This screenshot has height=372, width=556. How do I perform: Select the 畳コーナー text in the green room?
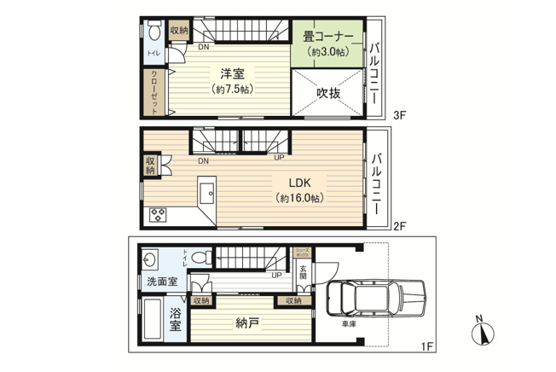(x=326, y=36)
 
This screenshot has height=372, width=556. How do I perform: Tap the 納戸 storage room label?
(x=248, y=323)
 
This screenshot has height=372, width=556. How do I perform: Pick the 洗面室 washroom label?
(x=159, y=282)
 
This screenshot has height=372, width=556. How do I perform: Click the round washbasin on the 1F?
(x=151, y=259)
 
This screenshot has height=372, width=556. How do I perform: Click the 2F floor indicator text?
(x=400, y=226)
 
